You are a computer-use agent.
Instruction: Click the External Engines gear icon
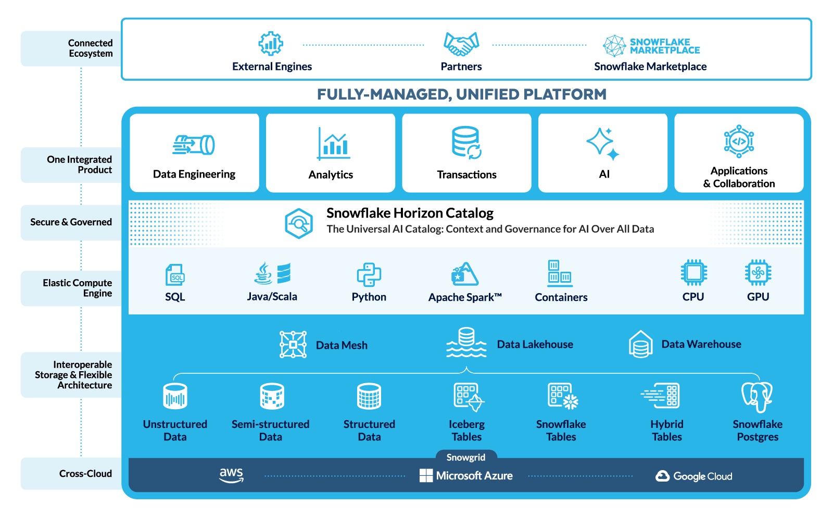pos(271,44)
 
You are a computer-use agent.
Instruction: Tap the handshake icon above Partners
pos(461,44)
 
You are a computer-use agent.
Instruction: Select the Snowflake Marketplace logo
pos(651,46)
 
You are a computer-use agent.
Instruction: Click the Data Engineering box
pos(194,153)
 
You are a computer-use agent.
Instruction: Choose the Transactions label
pos(466,175)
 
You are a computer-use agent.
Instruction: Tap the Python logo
pos(369,274)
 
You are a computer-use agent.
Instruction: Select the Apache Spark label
pos(465,297)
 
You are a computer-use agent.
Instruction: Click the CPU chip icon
pos(693,272)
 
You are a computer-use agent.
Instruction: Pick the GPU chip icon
pos(758,272)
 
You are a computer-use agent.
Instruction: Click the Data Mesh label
pos(342,345)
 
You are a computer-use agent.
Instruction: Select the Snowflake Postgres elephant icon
pos(757,397)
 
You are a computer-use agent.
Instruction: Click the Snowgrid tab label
pos(466,458)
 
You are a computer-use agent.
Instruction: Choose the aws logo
pos(231,475)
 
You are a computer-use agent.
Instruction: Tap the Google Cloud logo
pos(693,476)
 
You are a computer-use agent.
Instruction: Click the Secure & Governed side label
pos(71,222)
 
